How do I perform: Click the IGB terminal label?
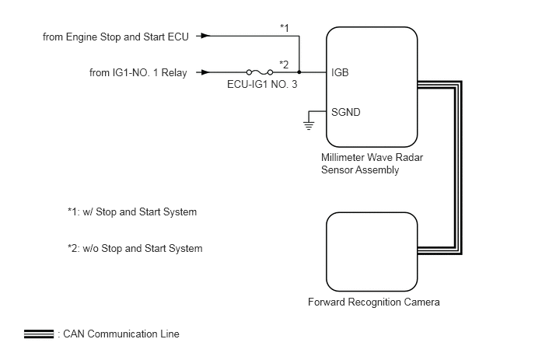[340, 72]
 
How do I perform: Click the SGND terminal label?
[345, 112]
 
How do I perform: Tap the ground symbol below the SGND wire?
[309, 126]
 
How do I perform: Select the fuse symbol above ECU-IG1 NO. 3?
[260, 72]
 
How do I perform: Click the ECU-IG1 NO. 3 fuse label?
[262, 84]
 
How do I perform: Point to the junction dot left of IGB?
[299, 72]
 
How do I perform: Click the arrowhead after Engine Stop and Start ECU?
[206, 36]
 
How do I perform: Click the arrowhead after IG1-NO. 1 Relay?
[206, 72]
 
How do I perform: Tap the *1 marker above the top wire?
[285, 28]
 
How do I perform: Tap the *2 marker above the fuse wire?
[284, 65]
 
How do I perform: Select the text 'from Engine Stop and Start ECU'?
[116, 37]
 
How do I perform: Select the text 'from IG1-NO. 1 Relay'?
[138, 72]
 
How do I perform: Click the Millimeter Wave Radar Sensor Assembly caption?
[372, 163]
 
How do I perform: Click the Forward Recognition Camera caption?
[373, 302]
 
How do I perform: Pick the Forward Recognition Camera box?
[372, 252]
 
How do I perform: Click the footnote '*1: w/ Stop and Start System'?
[132, 212]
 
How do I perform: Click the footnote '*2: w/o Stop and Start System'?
[135, 248]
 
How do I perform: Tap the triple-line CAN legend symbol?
[39, 334]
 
